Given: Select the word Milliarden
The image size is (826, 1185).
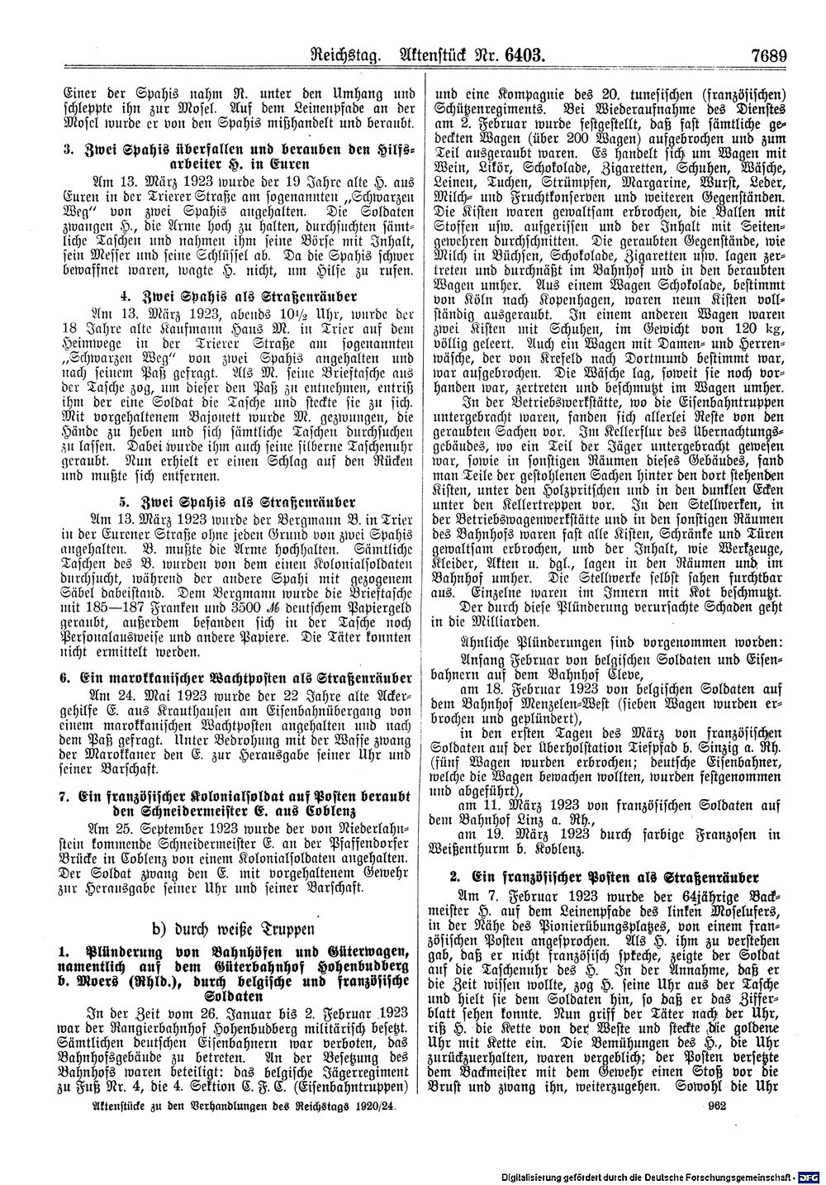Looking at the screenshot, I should click(490, 612).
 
